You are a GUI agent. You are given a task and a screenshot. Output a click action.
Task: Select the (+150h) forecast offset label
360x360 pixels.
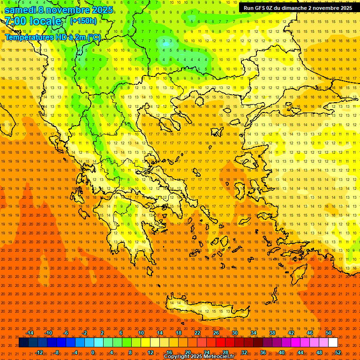[83, 21]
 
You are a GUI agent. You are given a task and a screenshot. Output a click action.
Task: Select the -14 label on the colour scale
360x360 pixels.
[30, 333]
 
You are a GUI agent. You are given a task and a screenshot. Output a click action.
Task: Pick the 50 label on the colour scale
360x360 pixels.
[328, 333]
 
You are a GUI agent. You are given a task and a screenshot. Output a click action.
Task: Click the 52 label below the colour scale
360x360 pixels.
[337, 352]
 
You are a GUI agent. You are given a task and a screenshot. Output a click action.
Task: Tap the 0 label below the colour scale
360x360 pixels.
[93, 352]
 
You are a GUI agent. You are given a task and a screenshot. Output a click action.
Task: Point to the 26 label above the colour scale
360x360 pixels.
[216, 333]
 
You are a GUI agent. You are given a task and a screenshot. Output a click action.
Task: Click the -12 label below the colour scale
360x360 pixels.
[39, 352]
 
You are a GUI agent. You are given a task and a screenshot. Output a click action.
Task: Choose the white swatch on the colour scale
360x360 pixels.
[333, 342]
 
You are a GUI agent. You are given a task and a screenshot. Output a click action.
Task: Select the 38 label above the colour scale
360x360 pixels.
[272, 333]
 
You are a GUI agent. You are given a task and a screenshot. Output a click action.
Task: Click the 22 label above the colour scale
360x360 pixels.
[197, 333]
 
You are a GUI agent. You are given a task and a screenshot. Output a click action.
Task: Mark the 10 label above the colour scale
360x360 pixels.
[141, 333]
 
